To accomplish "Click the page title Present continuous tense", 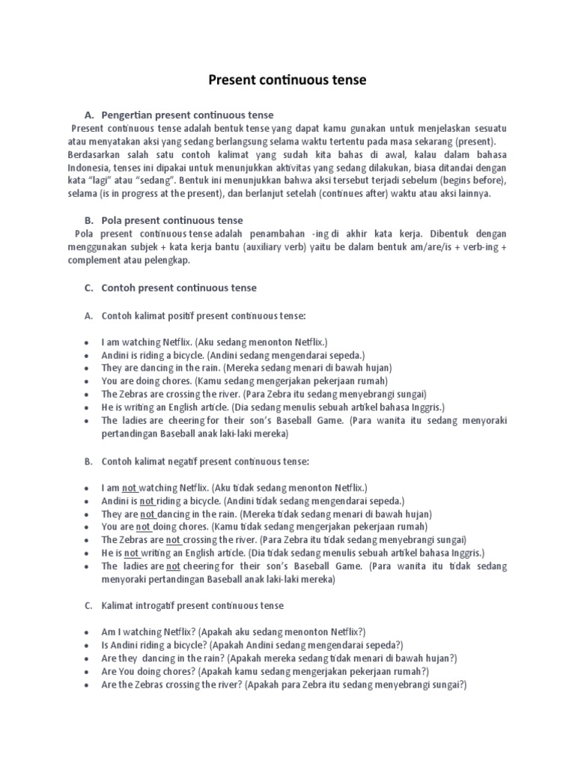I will (x=287, y=79).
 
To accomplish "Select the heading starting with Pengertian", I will (x=187, y=115).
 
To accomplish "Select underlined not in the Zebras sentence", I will (x=173, y=539).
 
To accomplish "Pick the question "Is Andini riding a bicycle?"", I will (x=155, y=645).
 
